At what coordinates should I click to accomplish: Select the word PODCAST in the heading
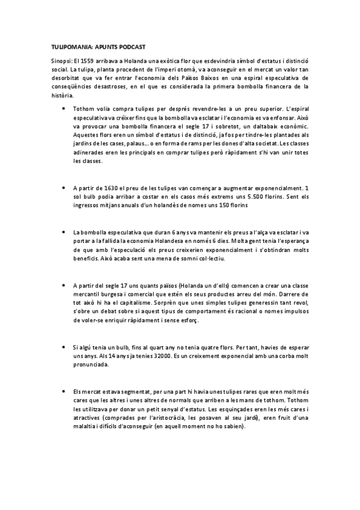[x=129, y=46]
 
